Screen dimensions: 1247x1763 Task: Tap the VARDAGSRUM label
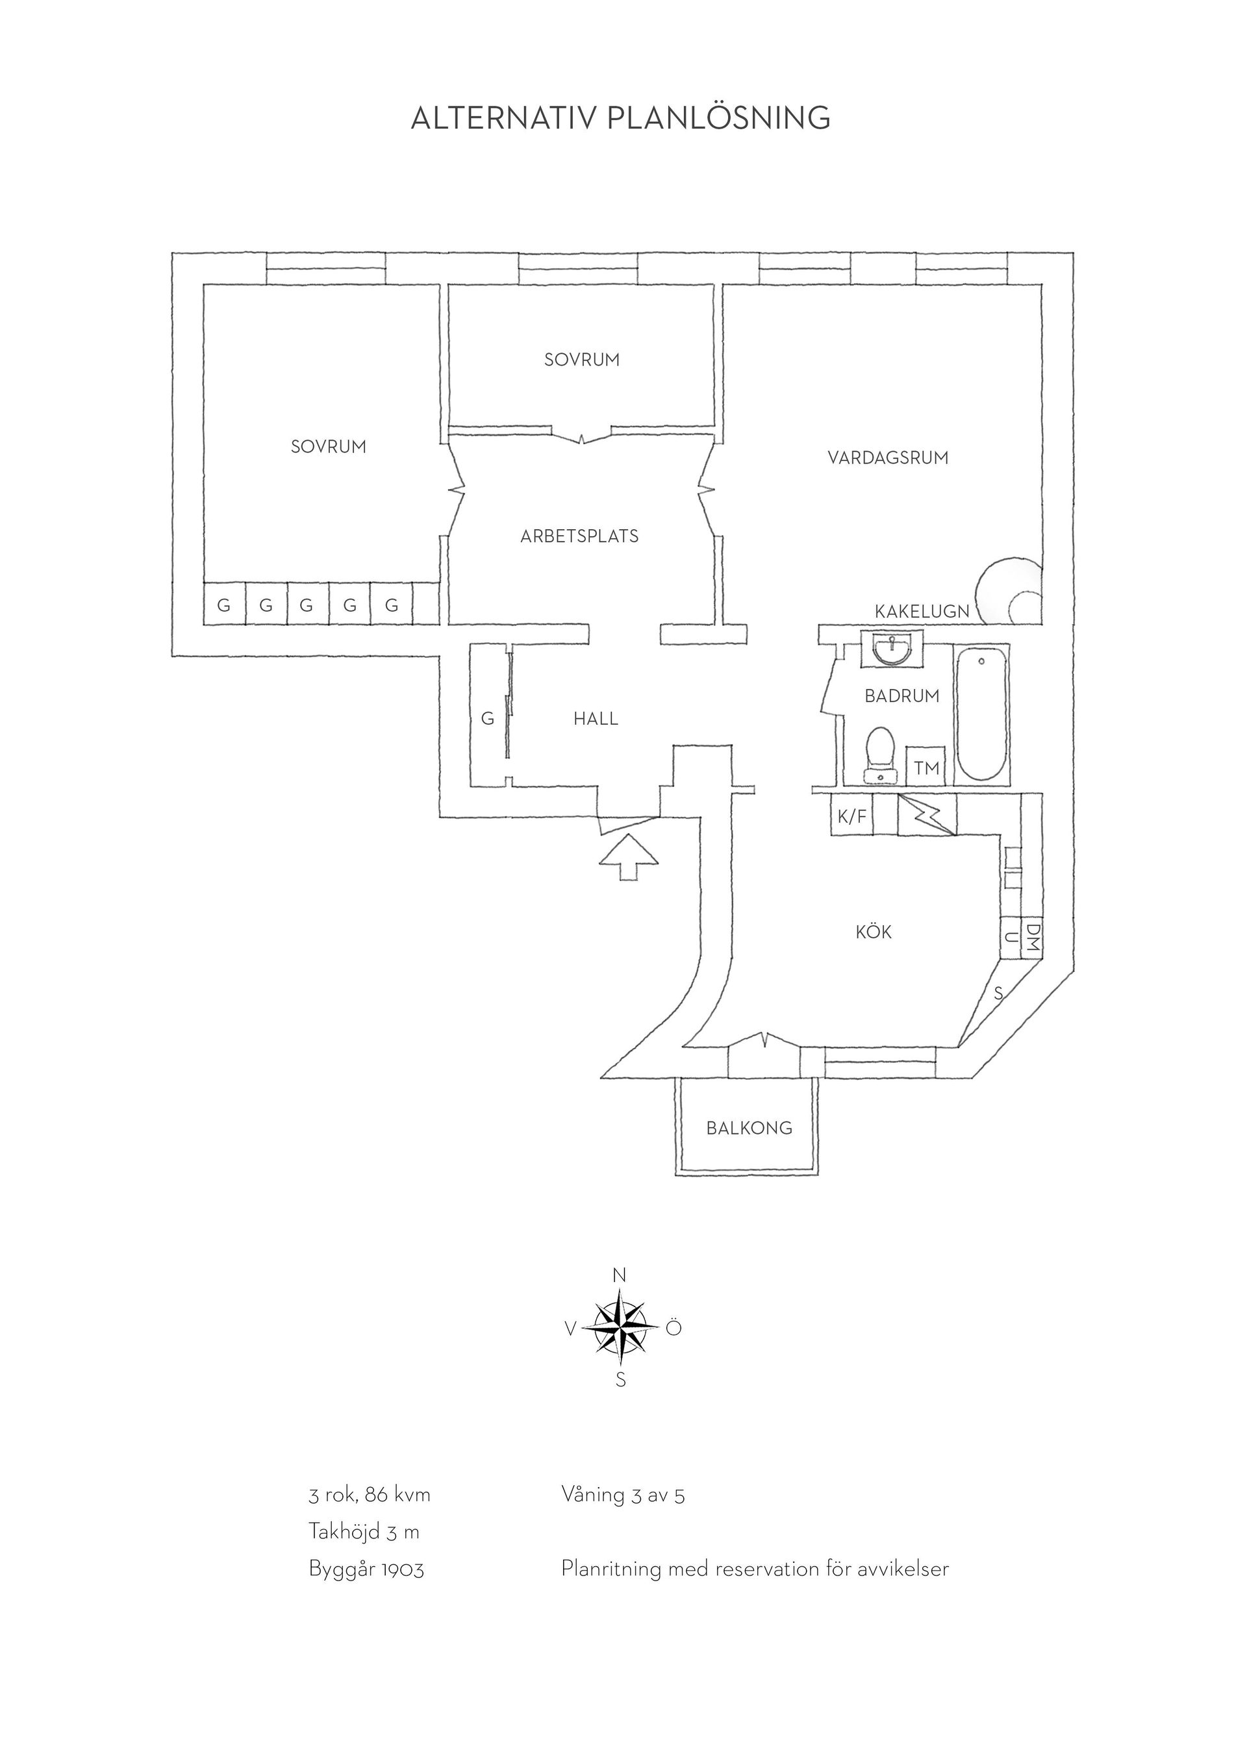pyautogui.click(x=888, y=458)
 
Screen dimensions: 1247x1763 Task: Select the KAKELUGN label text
pyautogui.click(x=922, y=611)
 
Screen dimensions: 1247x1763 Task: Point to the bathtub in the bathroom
pyautogui.click(x=981, y=714)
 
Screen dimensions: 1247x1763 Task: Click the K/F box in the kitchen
pyautogui.click(x=851, y=816)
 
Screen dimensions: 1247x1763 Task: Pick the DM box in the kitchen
pyautogui.click(x=1033, y=938)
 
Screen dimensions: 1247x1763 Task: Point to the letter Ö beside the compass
pyautogui.click(x=674, y=1327)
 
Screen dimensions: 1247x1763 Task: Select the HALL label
pyautogui.click(x=596, y=719)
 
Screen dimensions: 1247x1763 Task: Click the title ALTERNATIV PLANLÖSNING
pyautogui.click(x=620, y=118)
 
